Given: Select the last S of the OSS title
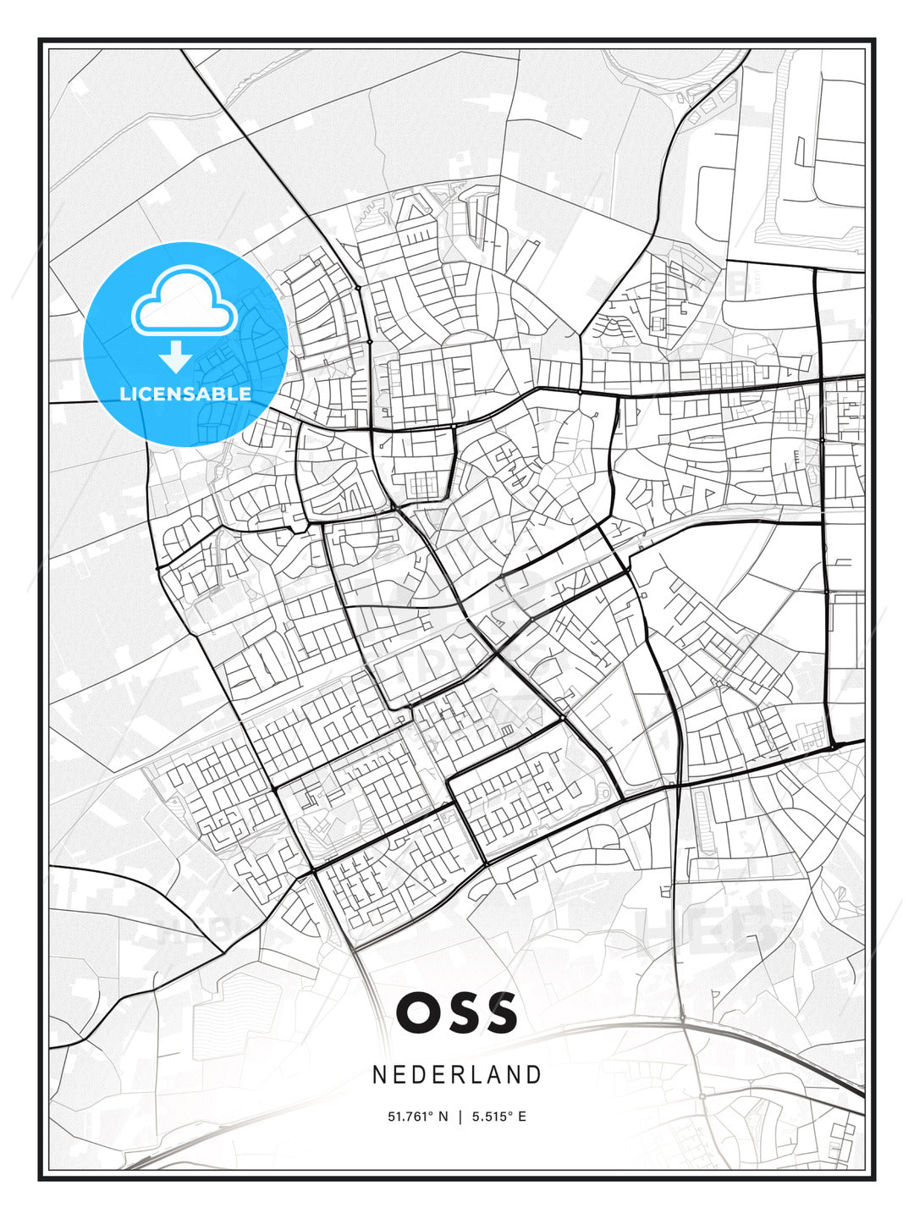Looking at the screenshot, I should [x=499, y=1012].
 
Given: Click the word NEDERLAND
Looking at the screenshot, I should [x=457, y=1075].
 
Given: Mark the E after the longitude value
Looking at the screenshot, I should [x=522, y=1117].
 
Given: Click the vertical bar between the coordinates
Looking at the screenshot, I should [x=460, y=1117].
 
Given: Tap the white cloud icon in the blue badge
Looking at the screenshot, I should [x=184, y=302].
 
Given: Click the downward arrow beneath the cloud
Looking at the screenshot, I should [x=177, y=357].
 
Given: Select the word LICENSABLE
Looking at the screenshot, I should [x=185, y=394].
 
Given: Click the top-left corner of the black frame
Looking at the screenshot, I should [x=40, y=39].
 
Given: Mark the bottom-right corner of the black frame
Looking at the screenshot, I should [x=874, y=1178].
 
